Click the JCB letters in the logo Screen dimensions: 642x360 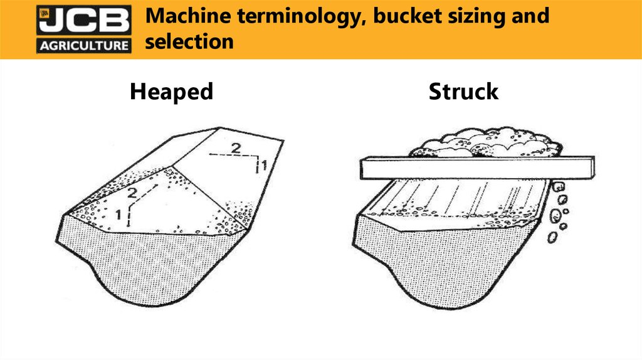point(84,21)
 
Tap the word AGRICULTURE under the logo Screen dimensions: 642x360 point(84,45)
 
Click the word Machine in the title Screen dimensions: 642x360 point(186,16)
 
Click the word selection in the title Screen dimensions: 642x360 point(189,41)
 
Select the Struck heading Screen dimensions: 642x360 point(463,92)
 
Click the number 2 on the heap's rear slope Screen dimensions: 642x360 point(236,147)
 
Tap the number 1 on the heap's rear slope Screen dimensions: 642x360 point(264,165)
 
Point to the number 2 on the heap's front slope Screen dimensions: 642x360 point(132,193)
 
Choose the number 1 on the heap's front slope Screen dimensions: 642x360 point(118,214)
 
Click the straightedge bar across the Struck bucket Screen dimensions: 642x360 point(477,167)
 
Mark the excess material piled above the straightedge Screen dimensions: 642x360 point(485,142)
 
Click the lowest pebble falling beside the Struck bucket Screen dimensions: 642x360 point(552,237)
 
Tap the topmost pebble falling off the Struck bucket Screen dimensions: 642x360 point(559,187)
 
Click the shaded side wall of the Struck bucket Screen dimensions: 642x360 point(442,262)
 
